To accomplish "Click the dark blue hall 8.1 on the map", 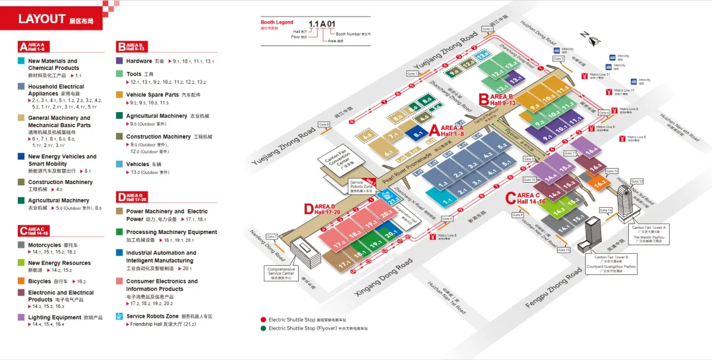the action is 417,135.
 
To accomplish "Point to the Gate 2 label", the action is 487,29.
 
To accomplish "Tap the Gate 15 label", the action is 564,250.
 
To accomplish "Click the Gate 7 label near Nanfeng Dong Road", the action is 272,236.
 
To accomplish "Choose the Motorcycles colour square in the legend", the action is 22,245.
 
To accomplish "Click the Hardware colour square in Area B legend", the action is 120,61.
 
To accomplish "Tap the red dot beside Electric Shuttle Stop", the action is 263,319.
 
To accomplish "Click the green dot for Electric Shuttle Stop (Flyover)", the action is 263,328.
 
